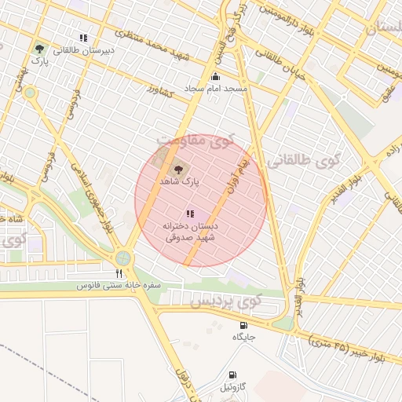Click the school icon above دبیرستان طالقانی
coord(83,37)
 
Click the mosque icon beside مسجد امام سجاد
coord(215,76)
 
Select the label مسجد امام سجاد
coord(215,89)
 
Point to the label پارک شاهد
coord(180,181)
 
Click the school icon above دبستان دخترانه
coord(188,213)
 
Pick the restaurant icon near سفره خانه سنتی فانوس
coord(119,273)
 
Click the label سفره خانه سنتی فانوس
coord(119,286)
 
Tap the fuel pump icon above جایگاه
coord(243,325)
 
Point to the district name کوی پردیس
coord(225,301)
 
